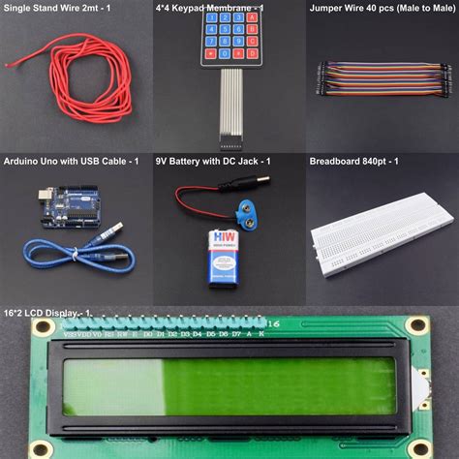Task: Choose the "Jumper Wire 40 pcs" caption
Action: (382, 8)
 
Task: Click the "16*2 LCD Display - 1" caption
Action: (48, 313)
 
